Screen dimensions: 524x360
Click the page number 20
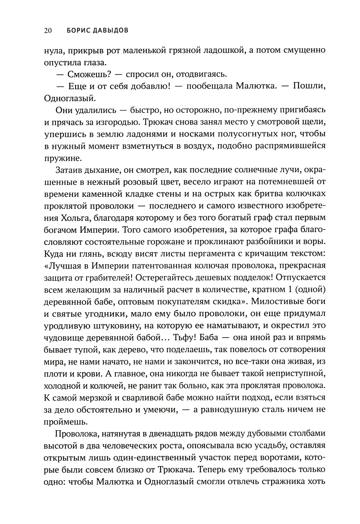point(48,31)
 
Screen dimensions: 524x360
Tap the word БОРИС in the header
point(79,31)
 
